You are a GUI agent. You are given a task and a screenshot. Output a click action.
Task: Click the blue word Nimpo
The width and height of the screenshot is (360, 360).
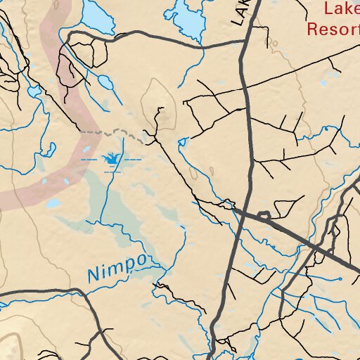[x=117, y=268]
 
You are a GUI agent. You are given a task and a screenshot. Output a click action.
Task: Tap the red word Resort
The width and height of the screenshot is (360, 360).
[x=332, y=29]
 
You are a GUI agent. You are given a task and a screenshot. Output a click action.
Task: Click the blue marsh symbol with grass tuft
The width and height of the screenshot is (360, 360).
[x=111, y=162]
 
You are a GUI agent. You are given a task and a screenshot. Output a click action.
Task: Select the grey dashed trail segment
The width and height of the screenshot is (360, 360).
[x=112, y=132]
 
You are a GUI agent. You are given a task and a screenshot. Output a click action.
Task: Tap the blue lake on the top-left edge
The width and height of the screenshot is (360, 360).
[x=97, y=18]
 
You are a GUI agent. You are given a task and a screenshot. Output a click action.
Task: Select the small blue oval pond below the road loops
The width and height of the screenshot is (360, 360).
[x=103, y=82]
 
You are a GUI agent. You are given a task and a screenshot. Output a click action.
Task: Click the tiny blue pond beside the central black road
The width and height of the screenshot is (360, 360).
[x=184, y=143]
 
